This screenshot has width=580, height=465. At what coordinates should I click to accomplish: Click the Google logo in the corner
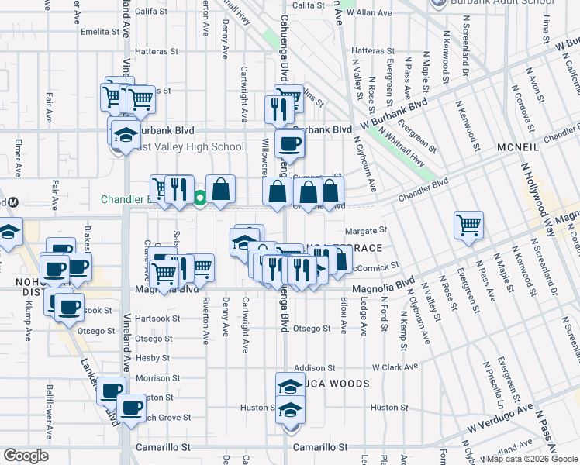pos(25,456)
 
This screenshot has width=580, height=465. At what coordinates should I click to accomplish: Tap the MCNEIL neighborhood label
pos(532,147)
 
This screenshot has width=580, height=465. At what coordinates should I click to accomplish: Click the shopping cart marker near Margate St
pos(468,225)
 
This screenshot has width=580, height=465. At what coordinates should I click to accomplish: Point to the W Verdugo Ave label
pos(500,418)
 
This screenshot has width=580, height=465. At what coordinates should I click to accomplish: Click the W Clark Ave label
pos(395,367)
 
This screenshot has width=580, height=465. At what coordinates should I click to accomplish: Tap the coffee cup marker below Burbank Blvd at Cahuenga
pos(289,143)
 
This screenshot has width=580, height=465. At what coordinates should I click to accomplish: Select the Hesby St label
pos(152,358)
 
